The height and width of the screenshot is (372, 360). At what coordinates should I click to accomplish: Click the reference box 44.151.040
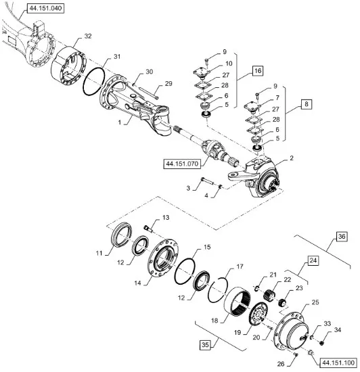pos(45,9)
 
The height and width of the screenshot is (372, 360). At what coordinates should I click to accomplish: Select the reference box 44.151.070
pos(182,164)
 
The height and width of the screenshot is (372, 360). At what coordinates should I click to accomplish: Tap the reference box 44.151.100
pos(338,363)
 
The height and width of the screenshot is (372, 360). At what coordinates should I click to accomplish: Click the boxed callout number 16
pos(258,71)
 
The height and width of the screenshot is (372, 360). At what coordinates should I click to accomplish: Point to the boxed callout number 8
pos(307,104)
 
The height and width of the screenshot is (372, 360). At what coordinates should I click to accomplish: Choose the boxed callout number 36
pos(342,237)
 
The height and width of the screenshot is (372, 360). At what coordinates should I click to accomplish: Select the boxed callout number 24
pos(313,260)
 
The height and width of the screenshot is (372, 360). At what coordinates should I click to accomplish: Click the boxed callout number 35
pos(205,344)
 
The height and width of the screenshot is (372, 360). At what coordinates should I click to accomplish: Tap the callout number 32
pos(87,36)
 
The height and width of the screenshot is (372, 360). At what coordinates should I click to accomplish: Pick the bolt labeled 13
pos(148,229)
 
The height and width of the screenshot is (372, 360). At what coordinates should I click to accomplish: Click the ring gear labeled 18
pos(238,301)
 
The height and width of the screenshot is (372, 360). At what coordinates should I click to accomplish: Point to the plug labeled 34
pos(322,343)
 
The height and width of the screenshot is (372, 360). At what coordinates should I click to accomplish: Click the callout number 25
pos(315,302)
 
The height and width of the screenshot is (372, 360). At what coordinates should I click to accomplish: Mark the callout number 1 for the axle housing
pos(120,122)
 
